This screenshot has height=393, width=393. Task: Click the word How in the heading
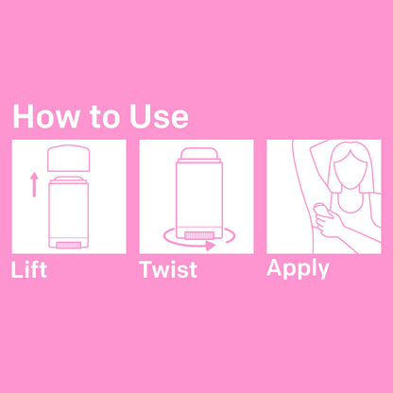(46, 116)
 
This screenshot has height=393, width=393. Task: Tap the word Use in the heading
(159, 116)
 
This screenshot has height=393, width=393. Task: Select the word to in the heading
(103, 117)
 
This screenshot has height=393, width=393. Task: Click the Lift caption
(29, 269)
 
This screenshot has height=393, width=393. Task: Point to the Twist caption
(168, 269)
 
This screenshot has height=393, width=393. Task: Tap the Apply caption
(298, 269)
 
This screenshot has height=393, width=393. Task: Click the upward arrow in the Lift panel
(34, 184)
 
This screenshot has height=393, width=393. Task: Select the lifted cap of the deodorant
(68, 158)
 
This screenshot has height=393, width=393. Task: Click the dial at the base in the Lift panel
(68, 245)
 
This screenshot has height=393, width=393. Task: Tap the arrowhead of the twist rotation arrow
(211, 246)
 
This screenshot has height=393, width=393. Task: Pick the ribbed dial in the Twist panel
(199, 235)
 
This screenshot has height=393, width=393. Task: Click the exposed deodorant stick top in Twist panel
(199, 154)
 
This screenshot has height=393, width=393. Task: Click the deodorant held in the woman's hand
(322, 211)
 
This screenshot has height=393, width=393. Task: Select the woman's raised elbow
(315, 147)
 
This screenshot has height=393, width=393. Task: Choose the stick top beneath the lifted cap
(68, 179)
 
